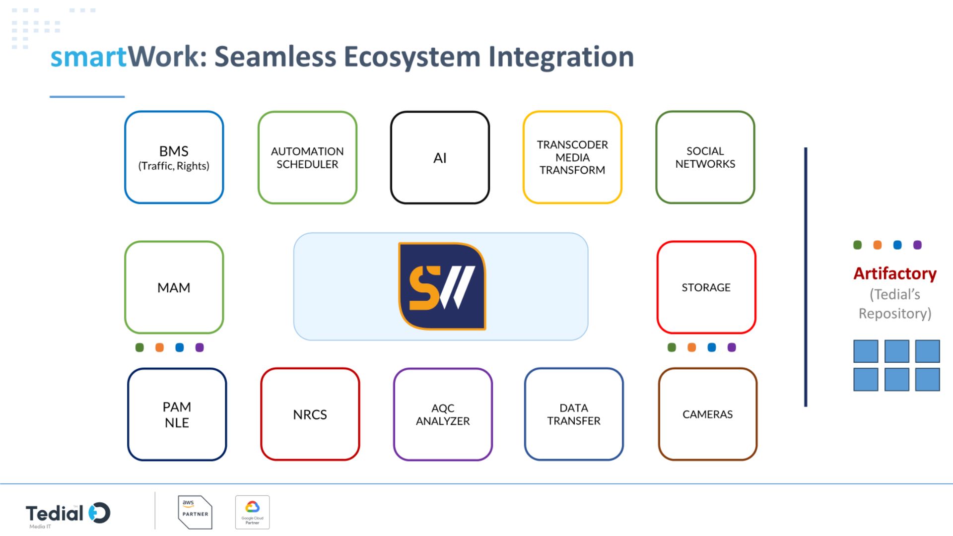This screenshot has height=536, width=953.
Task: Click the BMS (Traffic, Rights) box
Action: coord(174,157)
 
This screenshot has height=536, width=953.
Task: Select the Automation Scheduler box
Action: coord(307,157)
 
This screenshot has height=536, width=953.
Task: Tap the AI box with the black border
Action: coord(440,157)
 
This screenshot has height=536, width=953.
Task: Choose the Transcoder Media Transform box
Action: coord(572,157)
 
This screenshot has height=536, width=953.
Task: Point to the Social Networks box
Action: coord(705,157)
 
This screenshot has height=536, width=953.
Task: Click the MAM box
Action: coord(174,287)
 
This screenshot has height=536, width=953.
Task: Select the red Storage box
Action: coord(706,287)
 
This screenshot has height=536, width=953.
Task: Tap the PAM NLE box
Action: coord(177,414)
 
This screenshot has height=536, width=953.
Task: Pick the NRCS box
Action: coord(310,414)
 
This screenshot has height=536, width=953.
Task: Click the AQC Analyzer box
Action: coord(443,414)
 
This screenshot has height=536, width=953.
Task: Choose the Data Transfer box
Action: coord(574,414)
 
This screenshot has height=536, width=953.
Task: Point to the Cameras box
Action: coord(707,414)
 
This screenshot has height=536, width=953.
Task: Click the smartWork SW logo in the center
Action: coord(442,286)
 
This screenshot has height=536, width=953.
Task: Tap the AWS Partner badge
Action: coord(195,512)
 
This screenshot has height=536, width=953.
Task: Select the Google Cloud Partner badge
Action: coord(252,512)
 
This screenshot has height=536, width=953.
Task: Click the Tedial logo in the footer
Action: coord(68,514)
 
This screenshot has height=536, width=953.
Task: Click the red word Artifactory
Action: coord(895,273)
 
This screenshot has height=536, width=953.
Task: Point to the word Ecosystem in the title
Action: coord(412,57)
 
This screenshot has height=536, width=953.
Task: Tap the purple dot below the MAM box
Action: coord(200,347)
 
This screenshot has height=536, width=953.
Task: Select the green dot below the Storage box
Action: coord(672,347)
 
